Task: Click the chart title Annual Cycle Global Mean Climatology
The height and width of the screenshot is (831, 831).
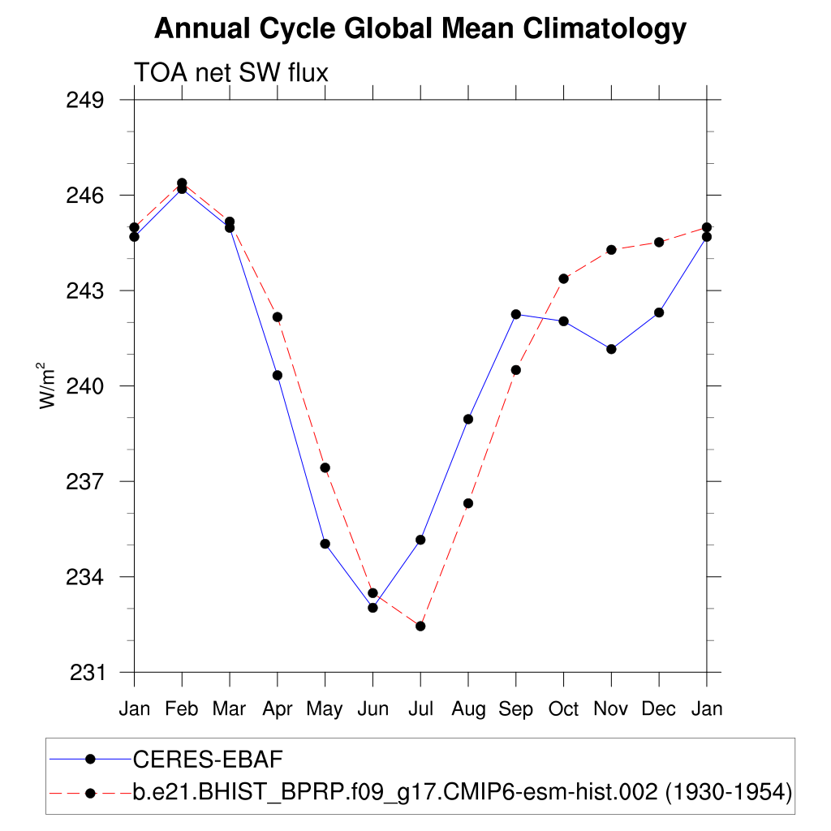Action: point(420,29)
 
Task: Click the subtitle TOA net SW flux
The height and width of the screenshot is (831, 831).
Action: point(230,73)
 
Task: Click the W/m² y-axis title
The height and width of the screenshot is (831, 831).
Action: point(49,385)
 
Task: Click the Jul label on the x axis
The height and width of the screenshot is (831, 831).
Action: point(420,709)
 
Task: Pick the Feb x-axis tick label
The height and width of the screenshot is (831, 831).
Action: point(182,709)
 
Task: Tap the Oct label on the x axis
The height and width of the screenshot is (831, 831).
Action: point(563,709)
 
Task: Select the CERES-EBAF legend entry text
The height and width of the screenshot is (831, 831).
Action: point(207,760)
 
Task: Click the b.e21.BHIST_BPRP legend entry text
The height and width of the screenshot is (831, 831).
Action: point(462,791)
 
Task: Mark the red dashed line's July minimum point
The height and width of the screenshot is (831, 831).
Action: point(420,626)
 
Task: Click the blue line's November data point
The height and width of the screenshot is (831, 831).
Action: point(611,349)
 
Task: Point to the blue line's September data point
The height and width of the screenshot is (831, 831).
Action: point(515,314)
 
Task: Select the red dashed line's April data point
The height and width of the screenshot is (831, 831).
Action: point(278,316)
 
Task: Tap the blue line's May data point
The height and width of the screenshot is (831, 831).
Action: point(325,544)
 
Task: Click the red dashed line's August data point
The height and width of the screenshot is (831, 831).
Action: point(468,503)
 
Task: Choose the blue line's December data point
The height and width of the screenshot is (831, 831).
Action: point(659,312)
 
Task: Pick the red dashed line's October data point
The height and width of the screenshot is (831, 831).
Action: point(563,278)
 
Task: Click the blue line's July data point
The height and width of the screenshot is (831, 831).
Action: point(420,540)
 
